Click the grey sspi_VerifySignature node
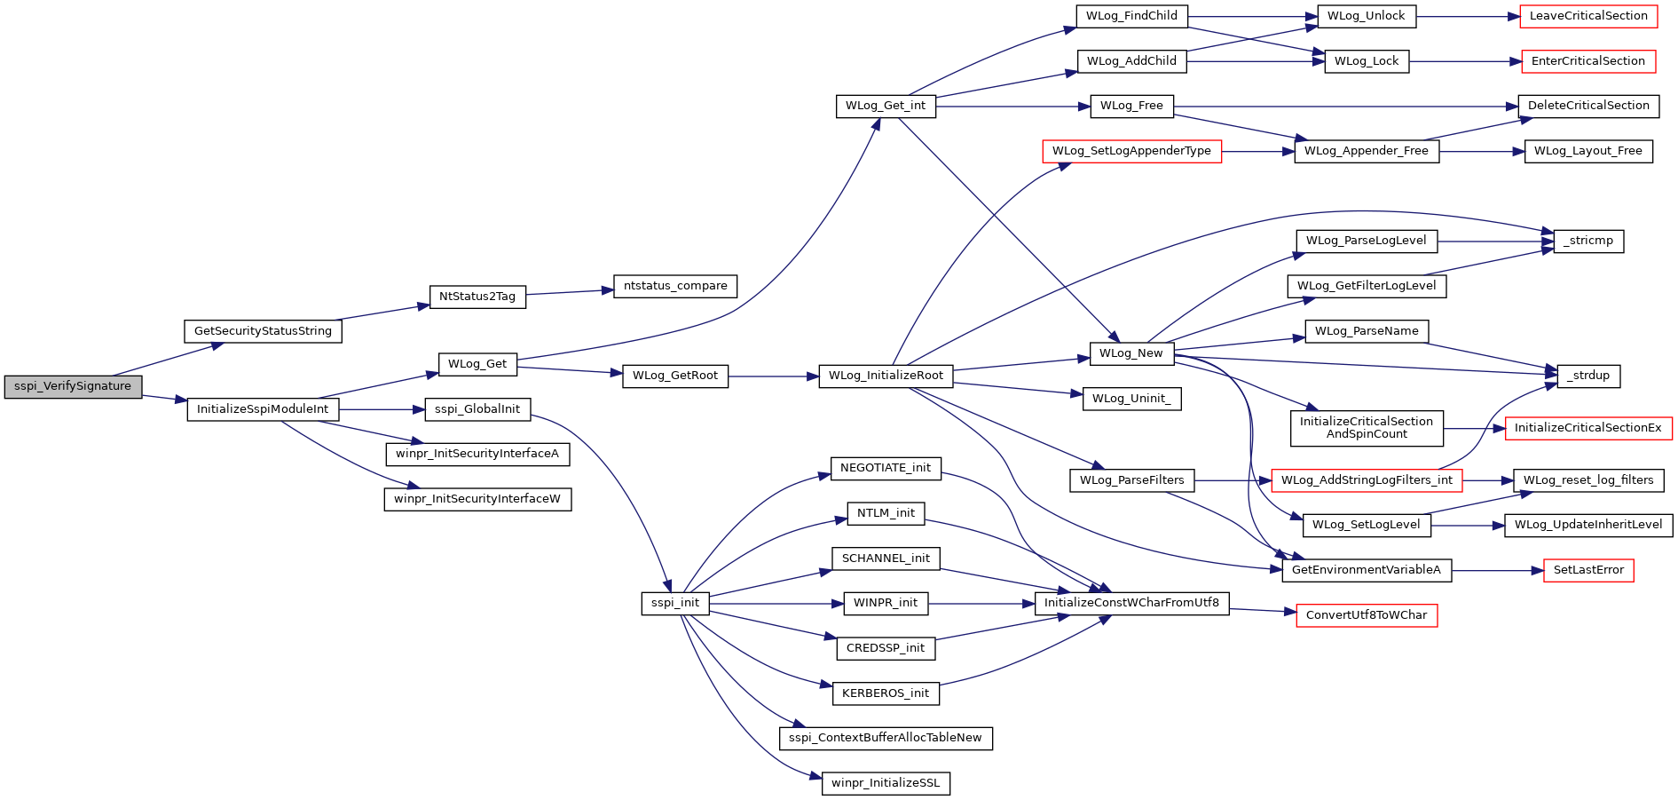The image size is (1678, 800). coord(73,387)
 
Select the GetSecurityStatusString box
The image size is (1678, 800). coord(263,331)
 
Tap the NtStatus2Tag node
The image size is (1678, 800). coord(477,297)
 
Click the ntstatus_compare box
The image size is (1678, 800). coord(675,286)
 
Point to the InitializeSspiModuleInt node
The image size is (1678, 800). coord(263,409)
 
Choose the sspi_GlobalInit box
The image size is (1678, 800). coord(477,409)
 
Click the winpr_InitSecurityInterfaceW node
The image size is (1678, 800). coord(477,499)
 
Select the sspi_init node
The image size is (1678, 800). coord(675,603)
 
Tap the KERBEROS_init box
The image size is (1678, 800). coord(886,693)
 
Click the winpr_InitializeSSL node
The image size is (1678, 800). coord(886,783)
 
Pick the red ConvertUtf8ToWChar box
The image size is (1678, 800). coord(1367,615)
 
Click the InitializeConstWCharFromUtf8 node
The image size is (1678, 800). coord(1131,603)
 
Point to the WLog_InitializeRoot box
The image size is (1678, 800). coord(886,376)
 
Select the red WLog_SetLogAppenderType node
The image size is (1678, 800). coord(1131,151)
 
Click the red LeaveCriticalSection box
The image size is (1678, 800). coord(1588,16)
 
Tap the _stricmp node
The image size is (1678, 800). coord(1588,241)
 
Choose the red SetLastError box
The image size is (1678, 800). coord(1588,570)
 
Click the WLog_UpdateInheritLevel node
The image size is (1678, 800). coord(1588,525)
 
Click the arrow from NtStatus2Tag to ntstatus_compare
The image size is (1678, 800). coord(570,291)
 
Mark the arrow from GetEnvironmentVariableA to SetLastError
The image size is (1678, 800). coord(1498,570)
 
